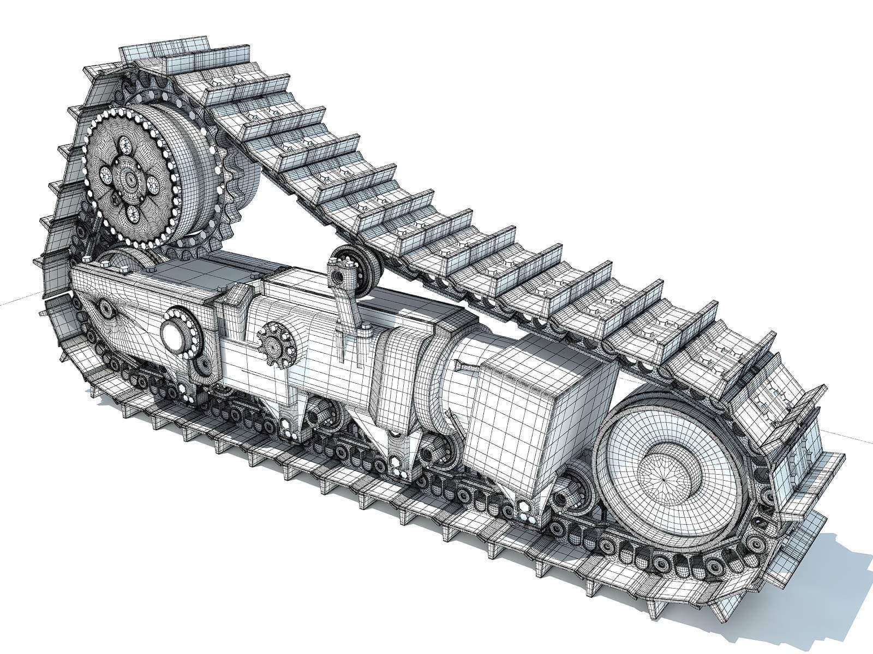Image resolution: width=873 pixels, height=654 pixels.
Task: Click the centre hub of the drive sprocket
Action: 129,178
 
